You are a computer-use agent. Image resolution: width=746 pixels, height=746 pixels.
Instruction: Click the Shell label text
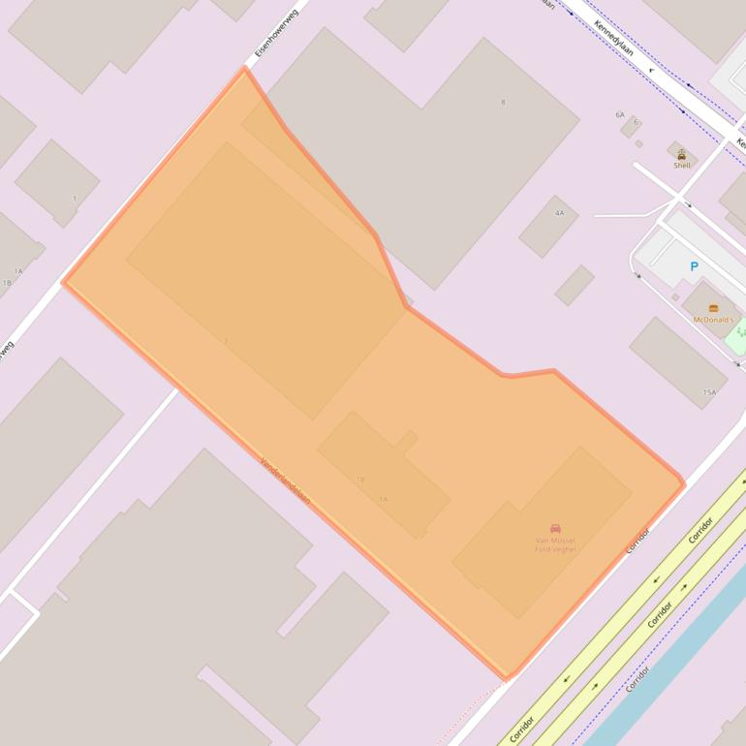point(682,166)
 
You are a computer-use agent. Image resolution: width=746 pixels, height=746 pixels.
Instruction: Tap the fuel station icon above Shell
point(682,155)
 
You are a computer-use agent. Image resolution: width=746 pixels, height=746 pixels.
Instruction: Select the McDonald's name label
point(713,320)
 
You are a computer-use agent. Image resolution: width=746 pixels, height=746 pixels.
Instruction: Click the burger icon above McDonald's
point(714,309)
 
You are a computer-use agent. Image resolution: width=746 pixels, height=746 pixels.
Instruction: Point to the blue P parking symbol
point(694,266)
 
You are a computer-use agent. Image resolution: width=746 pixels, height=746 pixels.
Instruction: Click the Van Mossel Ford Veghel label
point(555,544)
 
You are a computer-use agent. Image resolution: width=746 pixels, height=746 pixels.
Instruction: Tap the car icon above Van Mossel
point(555,529)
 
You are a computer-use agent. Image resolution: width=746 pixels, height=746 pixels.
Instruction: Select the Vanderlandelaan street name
point(285,481)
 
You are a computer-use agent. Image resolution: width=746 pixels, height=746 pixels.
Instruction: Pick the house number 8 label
point(503,102)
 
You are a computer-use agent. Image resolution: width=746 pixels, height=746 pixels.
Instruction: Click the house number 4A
point(559,212)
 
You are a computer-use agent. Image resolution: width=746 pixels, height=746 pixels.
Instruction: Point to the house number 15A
point(709,392)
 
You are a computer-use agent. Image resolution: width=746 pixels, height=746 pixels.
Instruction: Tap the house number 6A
point(620,115)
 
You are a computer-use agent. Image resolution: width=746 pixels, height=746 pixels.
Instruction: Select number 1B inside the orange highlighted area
point(360,480)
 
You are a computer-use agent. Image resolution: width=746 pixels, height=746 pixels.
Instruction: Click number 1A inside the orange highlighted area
point(383,499)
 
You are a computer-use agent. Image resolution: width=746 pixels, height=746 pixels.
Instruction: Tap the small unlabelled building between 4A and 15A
point(574,285)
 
